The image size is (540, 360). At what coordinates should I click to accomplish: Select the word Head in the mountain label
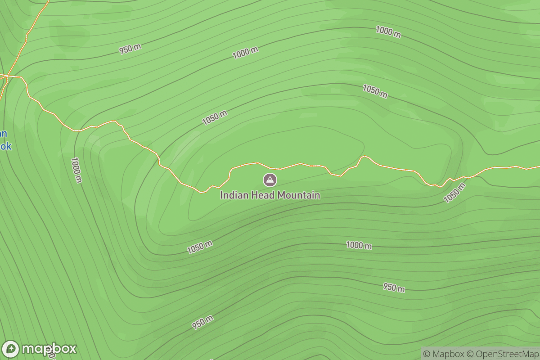pyautogui.click(x=261, y=195)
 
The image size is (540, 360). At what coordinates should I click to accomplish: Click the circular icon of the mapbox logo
pyautogui.click(x=11, y=349)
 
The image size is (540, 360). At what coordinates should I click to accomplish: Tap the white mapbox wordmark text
pyautogui.click(x=49, y=349)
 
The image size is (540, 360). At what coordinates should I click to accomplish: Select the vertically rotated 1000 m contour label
pyautogui.click(x=76, y=170)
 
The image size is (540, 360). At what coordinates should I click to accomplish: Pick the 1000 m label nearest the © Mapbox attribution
pyautogui.click(x=359, y=246)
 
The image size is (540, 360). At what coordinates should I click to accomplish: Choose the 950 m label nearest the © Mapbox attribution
pyautogui.click(x=394, y=287)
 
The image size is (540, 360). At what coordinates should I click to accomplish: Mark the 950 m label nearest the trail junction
pyautogui.click(x=130, y=49)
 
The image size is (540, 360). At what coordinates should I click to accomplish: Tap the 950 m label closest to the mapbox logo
pyautogui.click(x=202, y=322)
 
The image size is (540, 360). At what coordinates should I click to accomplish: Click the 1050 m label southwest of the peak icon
pyautogui.click(x=200, y=247)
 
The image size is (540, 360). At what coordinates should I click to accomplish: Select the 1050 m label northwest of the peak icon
pyautogui.click(x=214, y=118)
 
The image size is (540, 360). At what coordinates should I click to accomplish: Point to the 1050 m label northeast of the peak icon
pyautogui.click(x=375, y=91)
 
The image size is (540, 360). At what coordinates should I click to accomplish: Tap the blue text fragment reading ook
pyautogui.click(x=5, y=147)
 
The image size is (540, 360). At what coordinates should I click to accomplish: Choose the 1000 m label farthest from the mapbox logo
pyautogui.click(x=388, y=32)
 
